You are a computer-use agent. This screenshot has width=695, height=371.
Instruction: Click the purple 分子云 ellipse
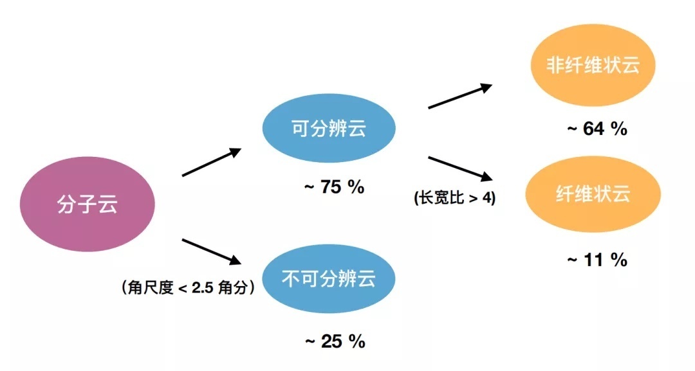point(88,204)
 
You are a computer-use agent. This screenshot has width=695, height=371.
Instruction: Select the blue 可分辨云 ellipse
point(328,129)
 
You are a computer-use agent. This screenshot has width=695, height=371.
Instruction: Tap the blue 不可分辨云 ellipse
point(328,278)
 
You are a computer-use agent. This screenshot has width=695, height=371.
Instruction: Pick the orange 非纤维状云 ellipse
point(593,65)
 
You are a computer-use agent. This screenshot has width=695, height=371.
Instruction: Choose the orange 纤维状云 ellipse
point(593,194)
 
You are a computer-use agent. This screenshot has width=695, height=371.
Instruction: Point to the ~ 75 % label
point(334,187)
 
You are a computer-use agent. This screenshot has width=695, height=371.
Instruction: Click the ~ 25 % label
point(335,341)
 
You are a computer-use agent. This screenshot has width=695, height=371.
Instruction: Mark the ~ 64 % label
point(597,129)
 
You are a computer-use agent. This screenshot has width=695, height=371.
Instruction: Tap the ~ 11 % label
point(597,260)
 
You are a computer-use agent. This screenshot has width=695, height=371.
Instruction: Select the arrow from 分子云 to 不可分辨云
point(212,251)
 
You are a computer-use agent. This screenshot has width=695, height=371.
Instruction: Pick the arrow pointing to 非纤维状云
point(460,96)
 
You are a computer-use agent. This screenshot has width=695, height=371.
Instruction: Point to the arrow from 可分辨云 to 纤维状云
point(461,168)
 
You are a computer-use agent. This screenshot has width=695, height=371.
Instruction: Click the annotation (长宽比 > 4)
point(455,197)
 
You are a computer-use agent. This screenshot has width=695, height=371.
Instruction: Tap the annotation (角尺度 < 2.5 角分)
point(189,288)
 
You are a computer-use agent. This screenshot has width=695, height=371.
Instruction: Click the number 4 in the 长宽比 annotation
point(486,197)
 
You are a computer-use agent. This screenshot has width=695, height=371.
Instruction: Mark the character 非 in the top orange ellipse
point(555,65)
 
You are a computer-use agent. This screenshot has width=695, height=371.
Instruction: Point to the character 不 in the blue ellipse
point(292,278)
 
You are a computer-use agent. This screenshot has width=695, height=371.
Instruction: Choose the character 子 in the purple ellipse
point(88,204)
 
